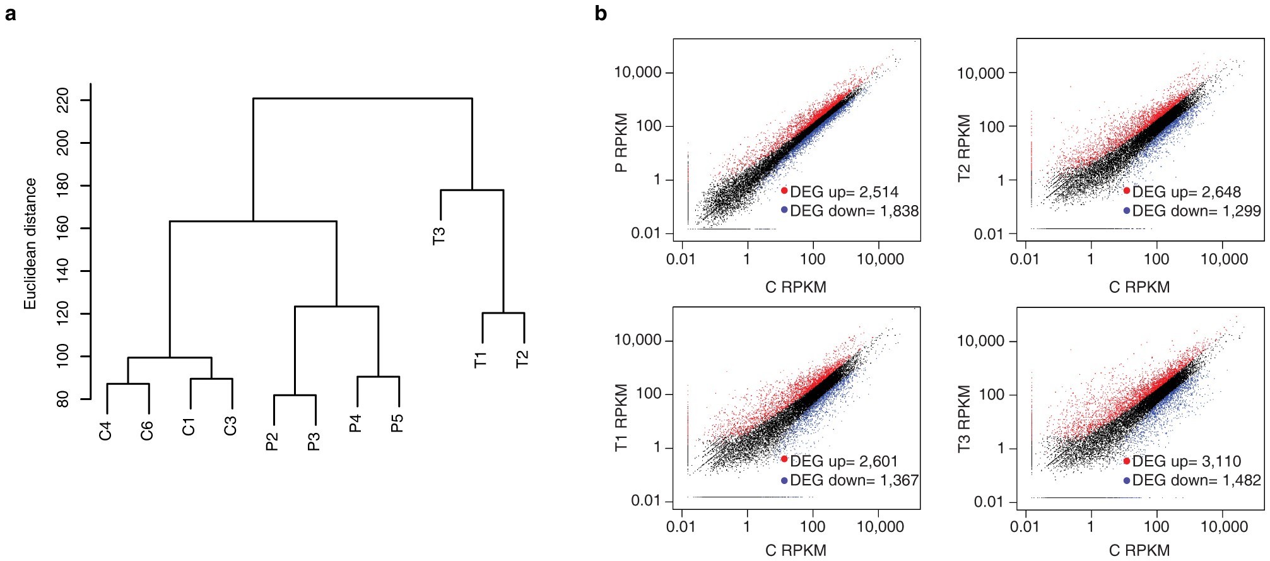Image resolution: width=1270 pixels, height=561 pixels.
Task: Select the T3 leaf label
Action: coord(439,235)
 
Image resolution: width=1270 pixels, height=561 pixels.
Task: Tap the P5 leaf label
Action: coord(397,423)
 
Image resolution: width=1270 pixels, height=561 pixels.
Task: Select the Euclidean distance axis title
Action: coord(30,244)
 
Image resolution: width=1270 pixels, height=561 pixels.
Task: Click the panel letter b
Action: coord(601,13)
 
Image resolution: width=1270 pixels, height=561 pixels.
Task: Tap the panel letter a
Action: coord(10,13)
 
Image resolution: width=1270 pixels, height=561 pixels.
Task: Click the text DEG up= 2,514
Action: coord(844,192)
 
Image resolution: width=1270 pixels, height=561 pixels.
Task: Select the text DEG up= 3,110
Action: coord(1186,461)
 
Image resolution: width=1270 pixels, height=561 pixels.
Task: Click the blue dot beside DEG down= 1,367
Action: coord(784,480)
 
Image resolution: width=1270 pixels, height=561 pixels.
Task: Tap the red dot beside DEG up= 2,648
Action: coord(1126,191)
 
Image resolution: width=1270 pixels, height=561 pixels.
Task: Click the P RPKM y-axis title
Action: coord(621,143)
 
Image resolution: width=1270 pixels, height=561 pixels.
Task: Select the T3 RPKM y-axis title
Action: coord(964,418)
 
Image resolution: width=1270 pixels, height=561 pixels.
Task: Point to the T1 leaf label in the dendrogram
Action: coord(481,360)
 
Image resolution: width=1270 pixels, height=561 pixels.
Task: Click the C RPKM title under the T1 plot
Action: coord(796,550)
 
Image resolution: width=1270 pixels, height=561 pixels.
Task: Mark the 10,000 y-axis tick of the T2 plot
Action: coord(980,74)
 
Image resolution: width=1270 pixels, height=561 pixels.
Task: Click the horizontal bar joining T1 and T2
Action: coord(503,313)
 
